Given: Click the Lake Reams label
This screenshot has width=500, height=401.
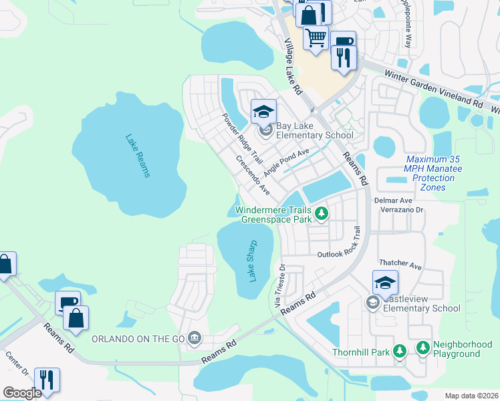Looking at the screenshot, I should pos(138,156).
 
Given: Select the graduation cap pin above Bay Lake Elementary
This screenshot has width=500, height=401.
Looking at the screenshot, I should pos(263,111).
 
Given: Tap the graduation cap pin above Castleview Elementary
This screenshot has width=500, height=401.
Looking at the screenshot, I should pos(385,283).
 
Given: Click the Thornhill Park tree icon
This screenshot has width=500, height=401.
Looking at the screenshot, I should pos(399,351).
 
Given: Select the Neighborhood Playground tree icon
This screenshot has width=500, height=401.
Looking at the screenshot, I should pos(422,348).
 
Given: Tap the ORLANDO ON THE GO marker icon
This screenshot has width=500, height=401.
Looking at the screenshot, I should pos(195,338).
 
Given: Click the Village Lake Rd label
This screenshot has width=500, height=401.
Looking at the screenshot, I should pos(293,65).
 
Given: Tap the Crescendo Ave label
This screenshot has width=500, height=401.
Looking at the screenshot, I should pos(252,176).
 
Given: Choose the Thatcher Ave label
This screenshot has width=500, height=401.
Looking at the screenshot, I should pos(400,265).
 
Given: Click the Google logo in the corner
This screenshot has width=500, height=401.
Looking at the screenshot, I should pos(22,392).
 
